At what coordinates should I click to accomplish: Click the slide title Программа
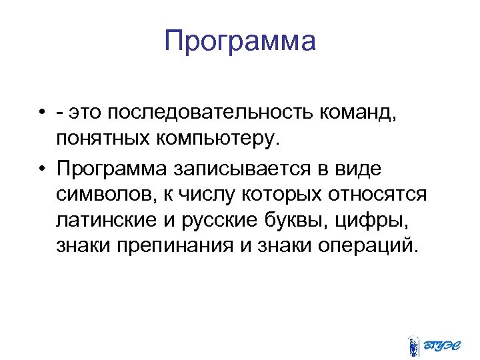[x=240, y=42]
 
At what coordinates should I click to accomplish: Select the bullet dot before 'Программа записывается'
[x=41, y=170]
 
